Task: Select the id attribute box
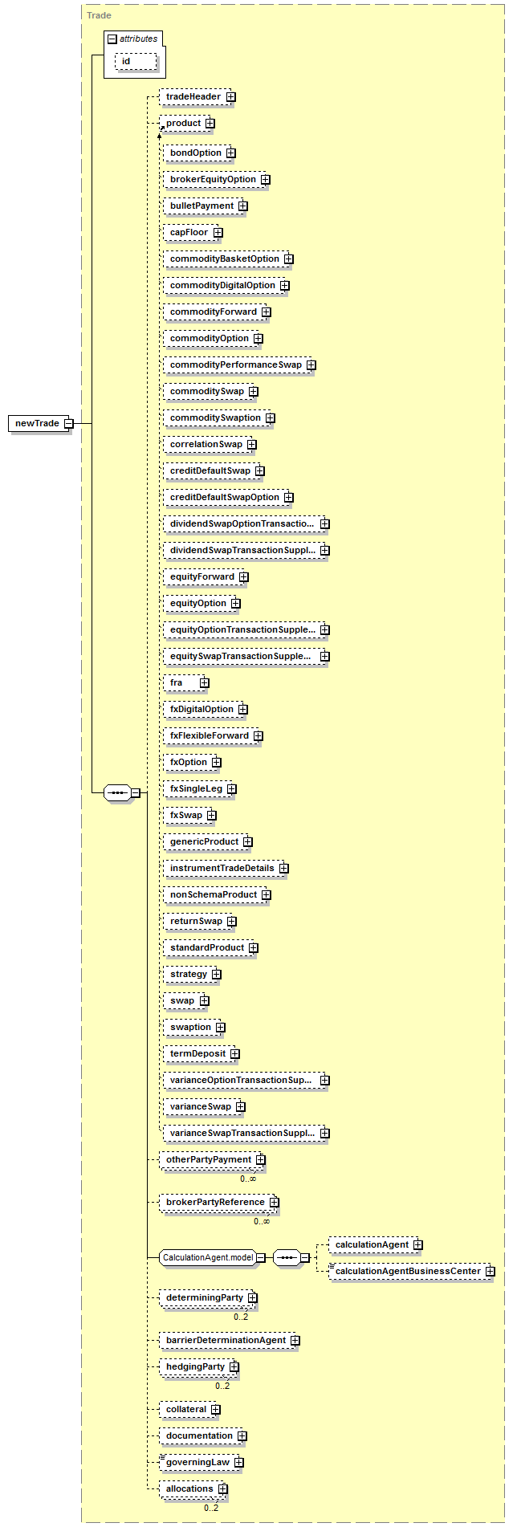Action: click(136, 61)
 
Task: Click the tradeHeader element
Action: click(197, 97)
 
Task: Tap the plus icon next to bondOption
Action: click(230, 153)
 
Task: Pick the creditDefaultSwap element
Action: click(214, 470)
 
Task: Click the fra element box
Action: click(185, 682)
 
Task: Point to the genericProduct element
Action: click(207, 841)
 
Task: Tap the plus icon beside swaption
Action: click(220, 1028)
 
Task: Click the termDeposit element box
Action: click(202, 1053)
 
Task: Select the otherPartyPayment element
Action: click(212, 1159)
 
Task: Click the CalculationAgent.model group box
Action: click(212, 1257)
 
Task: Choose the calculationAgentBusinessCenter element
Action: click(412, 1271)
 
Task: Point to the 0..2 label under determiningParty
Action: click(241, 1317)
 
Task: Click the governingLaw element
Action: click(202, 1462)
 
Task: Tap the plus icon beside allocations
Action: click(222, 1489)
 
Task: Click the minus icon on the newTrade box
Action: click(68, 423)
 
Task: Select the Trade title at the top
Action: click(99, 15)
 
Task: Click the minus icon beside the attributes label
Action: click(112, 39)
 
